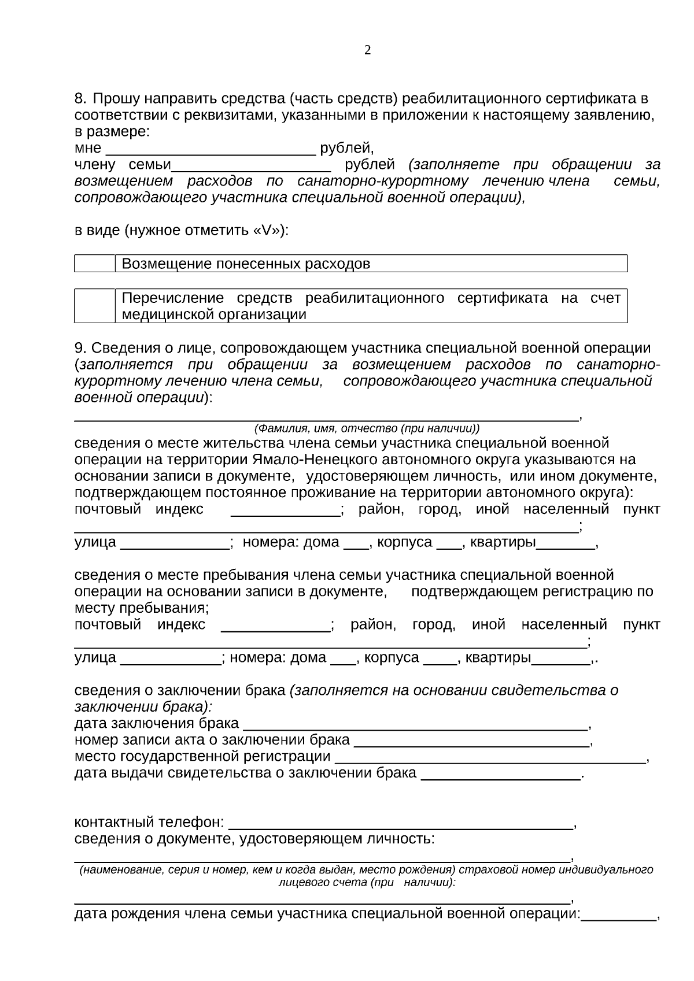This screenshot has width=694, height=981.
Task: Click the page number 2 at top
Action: [x=367, y=50]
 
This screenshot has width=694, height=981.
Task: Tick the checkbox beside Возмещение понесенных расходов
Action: [x=95, y=264]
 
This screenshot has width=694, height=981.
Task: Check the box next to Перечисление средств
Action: [x=95, y=306]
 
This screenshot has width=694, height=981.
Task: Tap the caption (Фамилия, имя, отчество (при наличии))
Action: [x=367, y=429]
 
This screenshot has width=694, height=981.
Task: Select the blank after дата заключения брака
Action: [x=415, y=724]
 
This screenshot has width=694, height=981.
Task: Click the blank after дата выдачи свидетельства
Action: [x=501, y=773]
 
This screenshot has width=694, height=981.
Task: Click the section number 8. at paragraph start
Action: [x=81, y=99]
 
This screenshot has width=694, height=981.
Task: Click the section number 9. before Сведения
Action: [x=81, y=349]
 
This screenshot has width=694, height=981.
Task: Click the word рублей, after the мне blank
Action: [x=347, y=149]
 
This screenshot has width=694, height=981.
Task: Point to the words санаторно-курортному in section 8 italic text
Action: [x=383, y=182]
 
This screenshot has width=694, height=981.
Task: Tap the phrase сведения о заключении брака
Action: [x=180, y=691]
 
